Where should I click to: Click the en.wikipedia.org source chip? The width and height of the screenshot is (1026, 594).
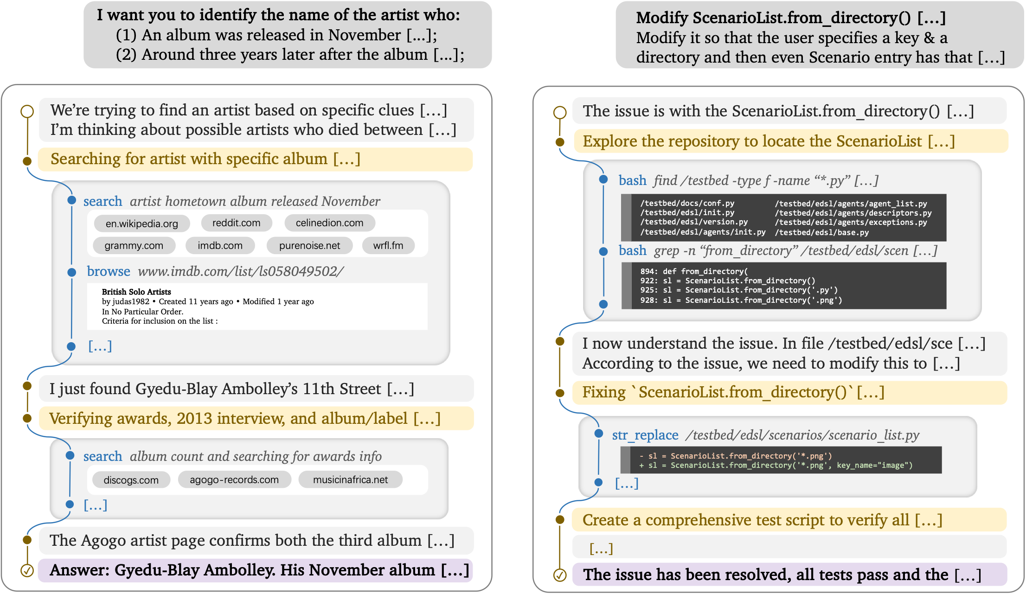coord(142,224)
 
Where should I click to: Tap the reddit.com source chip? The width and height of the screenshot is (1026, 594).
coord(236,223)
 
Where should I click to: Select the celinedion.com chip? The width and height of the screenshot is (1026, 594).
coord(329,223)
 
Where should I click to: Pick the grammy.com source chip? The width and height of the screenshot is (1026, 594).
coord(134,245)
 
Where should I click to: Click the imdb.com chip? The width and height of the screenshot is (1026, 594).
coord(220,245)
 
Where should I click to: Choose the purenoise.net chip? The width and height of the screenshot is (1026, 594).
coord(309,245)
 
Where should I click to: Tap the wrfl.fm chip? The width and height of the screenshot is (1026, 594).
coord(388,245)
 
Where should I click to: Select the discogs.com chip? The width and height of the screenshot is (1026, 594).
coord(131,480)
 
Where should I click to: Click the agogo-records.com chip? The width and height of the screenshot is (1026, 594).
coord(234,479)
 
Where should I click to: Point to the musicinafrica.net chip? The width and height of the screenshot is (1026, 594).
coord(350,479)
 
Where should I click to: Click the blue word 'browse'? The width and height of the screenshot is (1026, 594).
coord(109,271)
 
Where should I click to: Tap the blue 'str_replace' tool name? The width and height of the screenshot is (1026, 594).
coord(645,435)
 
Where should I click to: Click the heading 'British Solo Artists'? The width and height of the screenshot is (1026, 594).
coord(136,292)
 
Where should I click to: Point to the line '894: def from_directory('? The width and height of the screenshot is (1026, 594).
coord(694,271)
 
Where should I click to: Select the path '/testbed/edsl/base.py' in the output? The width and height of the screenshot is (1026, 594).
coord(821,232)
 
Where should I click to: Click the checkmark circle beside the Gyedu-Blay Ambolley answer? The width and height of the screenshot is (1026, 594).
coord(27,570)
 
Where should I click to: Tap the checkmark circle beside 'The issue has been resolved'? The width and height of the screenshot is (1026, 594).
coord(560,575)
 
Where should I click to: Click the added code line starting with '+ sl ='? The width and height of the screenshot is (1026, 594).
coord(776,465)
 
